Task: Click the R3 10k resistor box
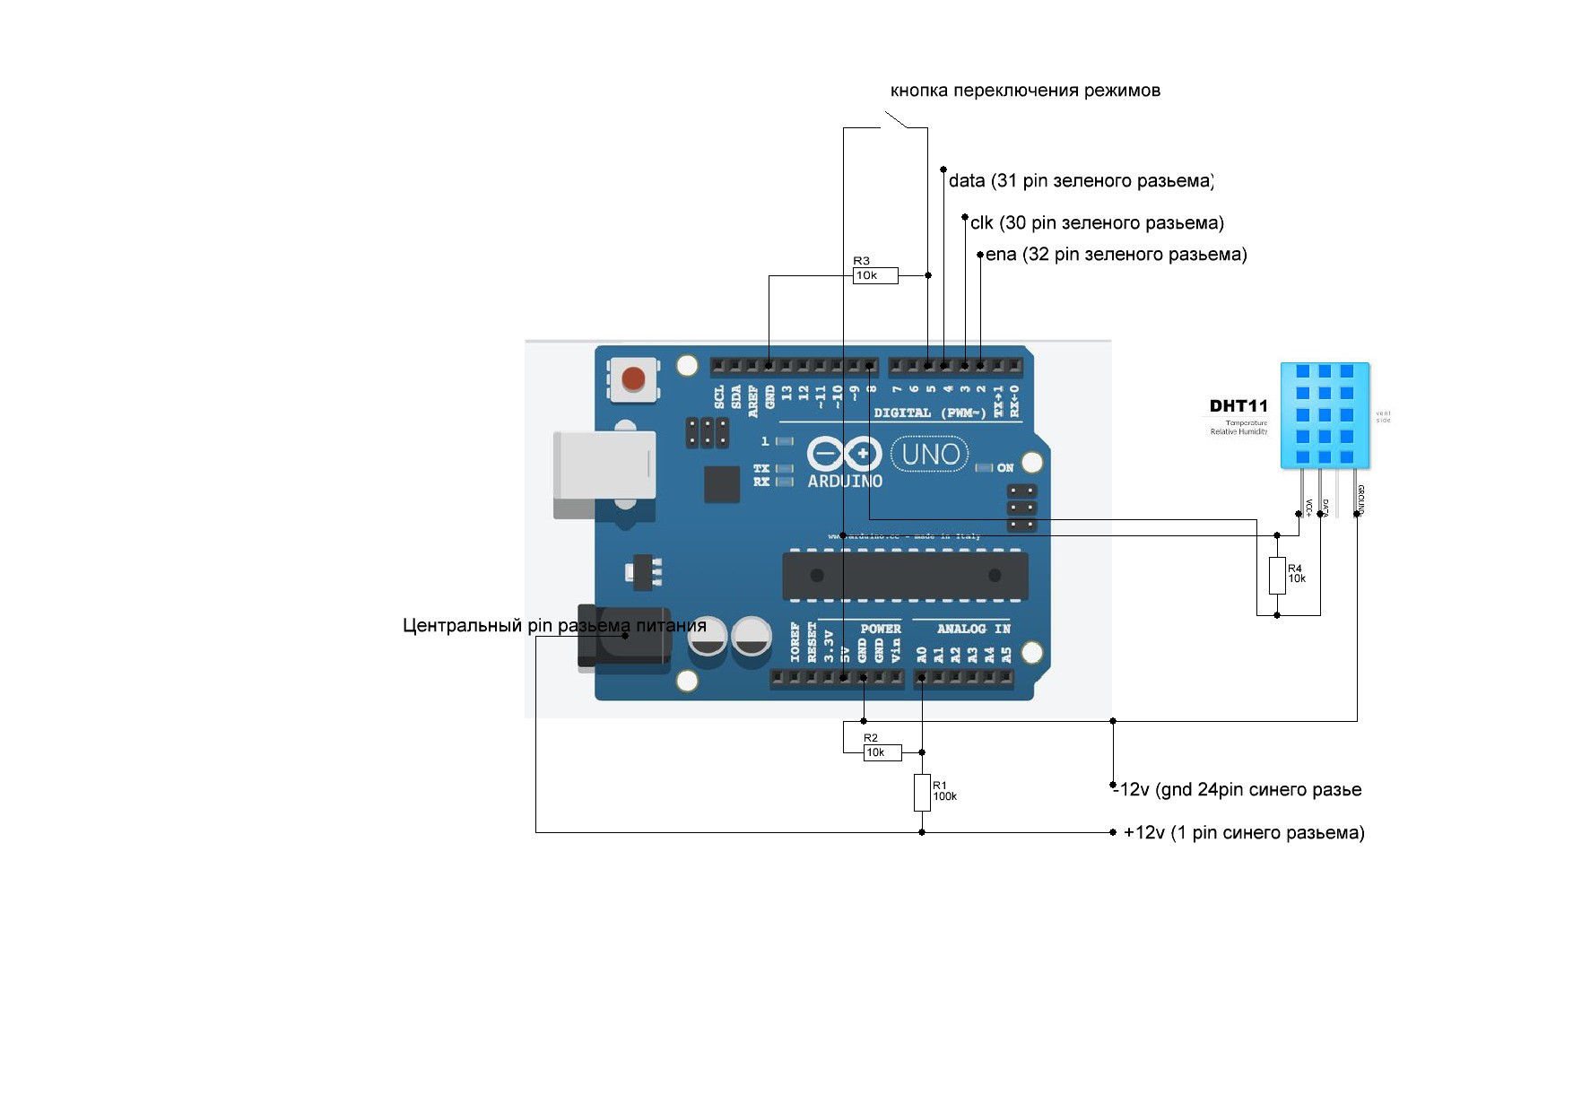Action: [x=874, y=275]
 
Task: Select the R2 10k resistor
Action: [x=882, y=752]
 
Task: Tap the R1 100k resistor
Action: [x=922, y=793]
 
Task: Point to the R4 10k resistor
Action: [x=1277, y=575]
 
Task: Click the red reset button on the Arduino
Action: [x=633, y=378]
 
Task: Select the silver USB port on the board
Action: [x=604, y=465]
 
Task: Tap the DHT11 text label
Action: [x=1238, y=406]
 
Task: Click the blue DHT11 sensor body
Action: [x=1325, y=415]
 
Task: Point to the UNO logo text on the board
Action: [x=930, y=455]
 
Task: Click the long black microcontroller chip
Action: [x=905, y=576]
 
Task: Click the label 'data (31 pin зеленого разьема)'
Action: [x=1081, y=181]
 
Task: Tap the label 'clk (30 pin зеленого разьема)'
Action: [x=1097, y=222]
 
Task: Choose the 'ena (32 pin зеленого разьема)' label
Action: [x=1116, y=255]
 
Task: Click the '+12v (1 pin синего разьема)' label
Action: [x=1244, y=833]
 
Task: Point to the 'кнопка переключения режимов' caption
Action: [x=1025, y=91]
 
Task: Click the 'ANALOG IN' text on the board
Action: [x=973, y=629]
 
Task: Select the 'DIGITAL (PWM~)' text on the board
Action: [x=929, y=413]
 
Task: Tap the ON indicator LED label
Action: [x=1004, y=468]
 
